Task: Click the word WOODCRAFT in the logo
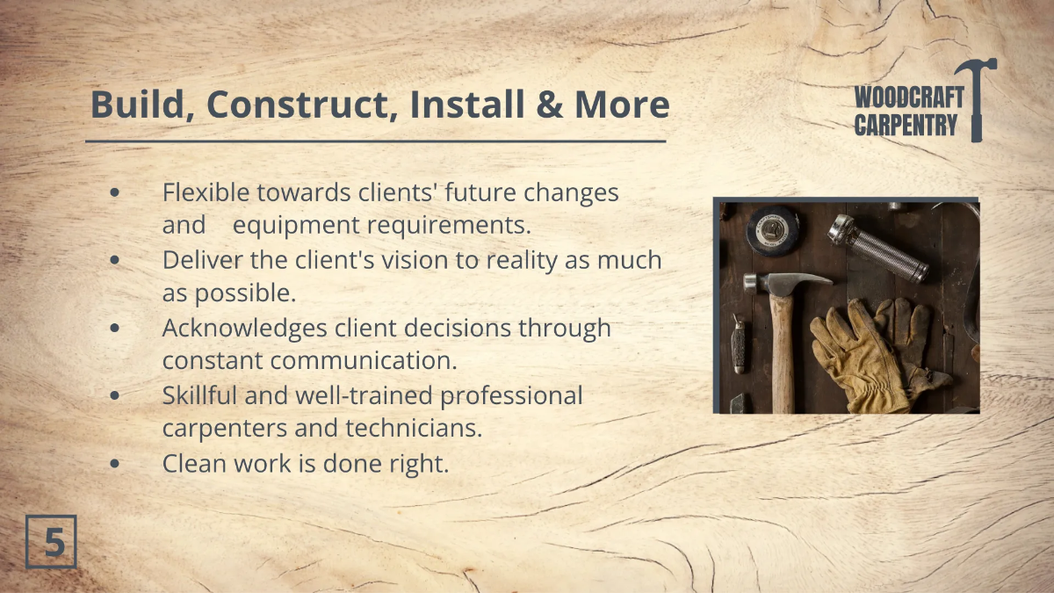(908, 98)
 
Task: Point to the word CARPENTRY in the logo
(905, 126)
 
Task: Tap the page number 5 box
(52, 542)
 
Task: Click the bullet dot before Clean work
(116, 464)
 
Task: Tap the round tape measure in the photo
(773, 229)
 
